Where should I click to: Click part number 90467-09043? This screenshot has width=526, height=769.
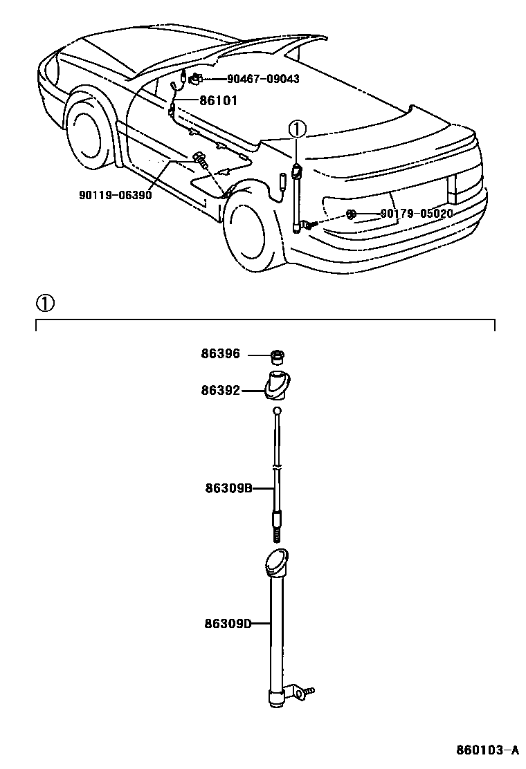click(x=263, y=80)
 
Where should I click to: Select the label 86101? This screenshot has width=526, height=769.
click(x=218, y=101)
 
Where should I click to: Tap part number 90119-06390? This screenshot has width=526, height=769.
click(x=115, y=195)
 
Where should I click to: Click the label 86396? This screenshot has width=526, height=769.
click(x=221, y=354)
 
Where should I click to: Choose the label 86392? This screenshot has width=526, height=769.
click(x=221, y=391)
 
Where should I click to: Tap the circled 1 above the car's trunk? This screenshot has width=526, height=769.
click(x=296, y=129)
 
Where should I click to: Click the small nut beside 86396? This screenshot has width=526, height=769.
click(x=278, y=358)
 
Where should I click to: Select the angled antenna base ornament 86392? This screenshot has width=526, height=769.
click(x=278, y=385)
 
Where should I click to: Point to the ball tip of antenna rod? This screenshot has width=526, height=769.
click(x=277, y=411)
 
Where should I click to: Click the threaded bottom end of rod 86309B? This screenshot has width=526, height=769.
click(x=276, y=535)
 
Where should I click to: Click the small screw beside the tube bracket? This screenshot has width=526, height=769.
click(x=307, y=690)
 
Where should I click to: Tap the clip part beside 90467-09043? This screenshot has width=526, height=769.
click(x=197, y=78)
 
